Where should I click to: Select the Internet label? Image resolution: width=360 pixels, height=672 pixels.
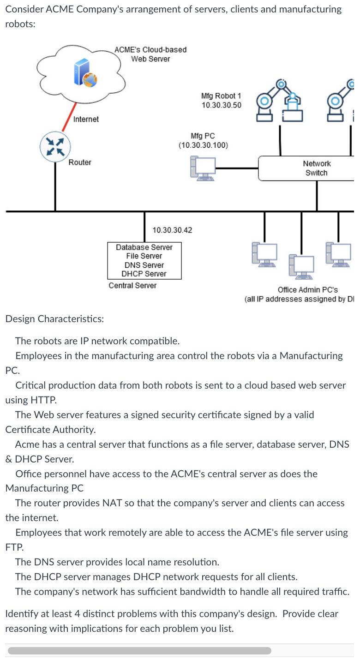(x=86, y=120)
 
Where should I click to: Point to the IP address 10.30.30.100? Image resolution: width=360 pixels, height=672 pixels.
(x=203, y=145)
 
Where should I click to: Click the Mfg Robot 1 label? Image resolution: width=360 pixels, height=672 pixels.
(x=221, y=96)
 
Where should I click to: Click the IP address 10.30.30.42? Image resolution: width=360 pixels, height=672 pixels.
(x=172, y=230)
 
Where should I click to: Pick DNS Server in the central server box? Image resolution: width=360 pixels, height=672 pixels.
(x=144, y=265)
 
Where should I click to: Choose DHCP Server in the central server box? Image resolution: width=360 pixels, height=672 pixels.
(x=144, y=274)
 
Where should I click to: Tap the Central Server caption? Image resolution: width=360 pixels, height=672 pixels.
(x=132, y=286)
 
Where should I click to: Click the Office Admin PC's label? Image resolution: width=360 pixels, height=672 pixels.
(x=307, y=290)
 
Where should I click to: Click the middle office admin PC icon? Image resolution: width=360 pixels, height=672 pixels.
(x=301, y=266)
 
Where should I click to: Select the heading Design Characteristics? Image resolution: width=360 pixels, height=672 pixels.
(x=54, y=319)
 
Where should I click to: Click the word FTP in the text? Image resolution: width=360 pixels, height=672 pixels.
(x=13, y=547)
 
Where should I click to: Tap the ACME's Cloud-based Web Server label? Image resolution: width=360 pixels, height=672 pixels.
(x=150, y=54)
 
